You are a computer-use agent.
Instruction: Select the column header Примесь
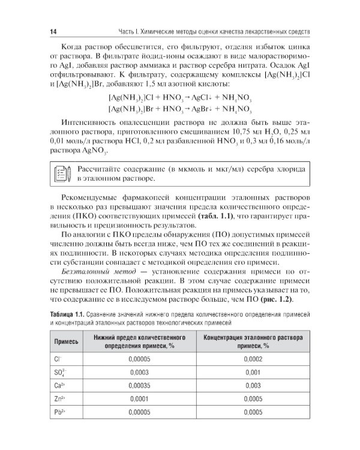coord(67,341)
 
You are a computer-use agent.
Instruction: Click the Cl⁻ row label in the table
coord(58,358)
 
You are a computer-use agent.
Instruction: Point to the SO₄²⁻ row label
coord(59,372)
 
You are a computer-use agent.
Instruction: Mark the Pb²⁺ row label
coord(59,413)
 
